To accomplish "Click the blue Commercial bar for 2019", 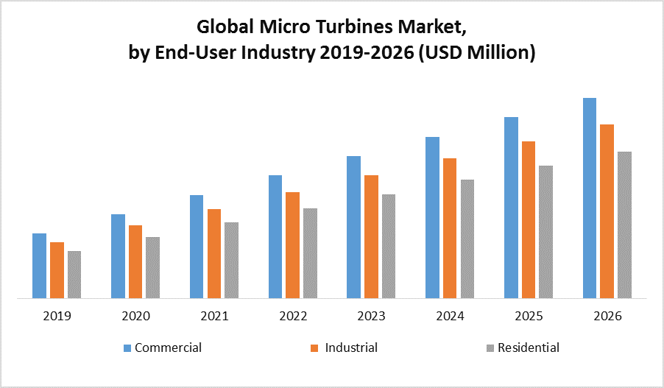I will click(x=39, y=266).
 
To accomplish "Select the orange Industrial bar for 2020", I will click(x=135, y=261).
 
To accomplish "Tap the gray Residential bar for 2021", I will click(x=231, y=260).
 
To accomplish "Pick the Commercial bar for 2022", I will click(x=275, y=236).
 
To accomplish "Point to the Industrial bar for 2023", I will click(x=371, y=236).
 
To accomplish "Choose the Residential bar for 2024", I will click(x=467, y=239).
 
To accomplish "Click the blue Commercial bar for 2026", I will click(x=590, y=198).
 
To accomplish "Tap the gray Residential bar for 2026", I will click(x=624, y=225).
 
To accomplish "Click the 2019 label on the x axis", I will click(x=57, y=317).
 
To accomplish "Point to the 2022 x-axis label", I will click(x=293, y=317).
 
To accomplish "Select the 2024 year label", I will click(x=450, y=317).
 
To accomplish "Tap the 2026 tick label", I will click(x=607, y=317).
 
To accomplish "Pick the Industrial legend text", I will click(x=351, y=348).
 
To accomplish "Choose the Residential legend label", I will click(x=529, y=348).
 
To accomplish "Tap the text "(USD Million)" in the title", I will click(x=476, y=53).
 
